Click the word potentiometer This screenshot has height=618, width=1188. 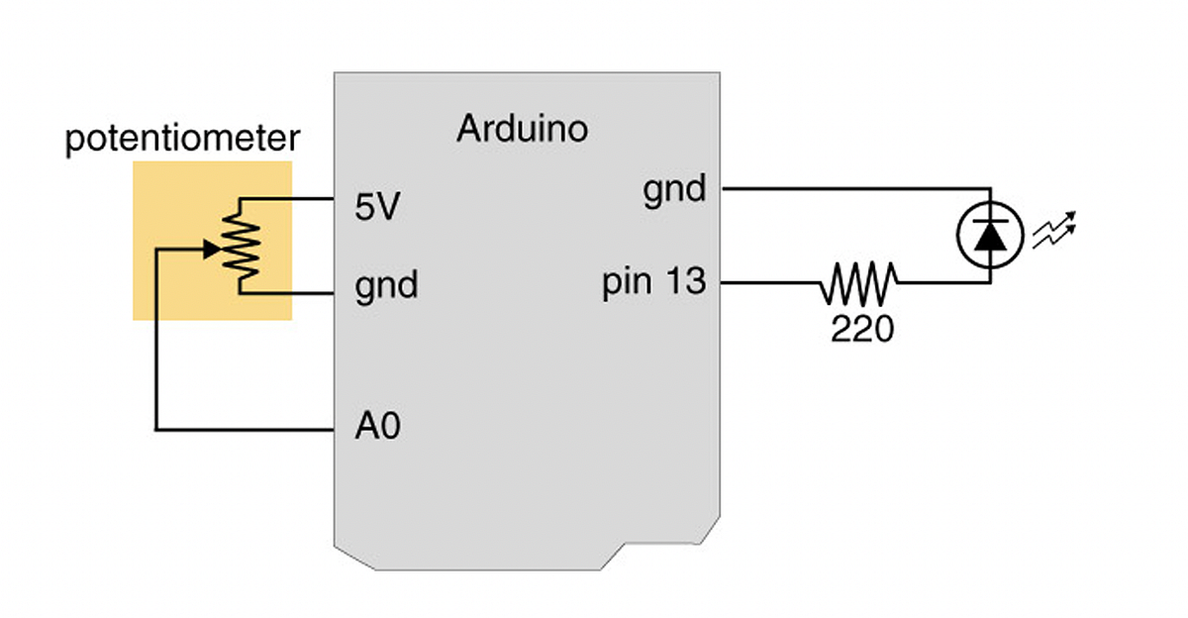click(x=181, y=140)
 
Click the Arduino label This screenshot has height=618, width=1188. click(x=522, y=129)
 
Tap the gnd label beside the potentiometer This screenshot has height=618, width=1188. click(x=386, y=286)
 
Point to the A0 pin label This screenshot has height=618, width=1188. click(x=377, y=428)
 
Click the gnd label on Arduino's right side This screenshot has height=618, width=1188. click(x=674, y=188)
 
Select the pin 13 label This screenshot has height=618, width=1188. click(x=654, y=283)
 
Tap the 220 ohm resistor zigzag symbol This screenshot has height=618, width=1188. click(x=858, y=283)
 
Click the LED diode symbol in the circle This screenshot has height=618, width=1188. click(x=989, y=235)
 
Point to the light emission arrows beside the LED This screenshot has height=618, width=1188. click(x=1053, y=232)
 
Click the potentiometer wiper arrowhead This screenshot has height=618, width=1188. click(x=211, y=250)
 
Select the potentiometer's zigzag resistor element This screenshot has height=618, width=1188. click(x=241, y=248)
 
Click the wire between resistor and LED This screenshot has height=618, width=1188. click(x=940, y=283)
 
